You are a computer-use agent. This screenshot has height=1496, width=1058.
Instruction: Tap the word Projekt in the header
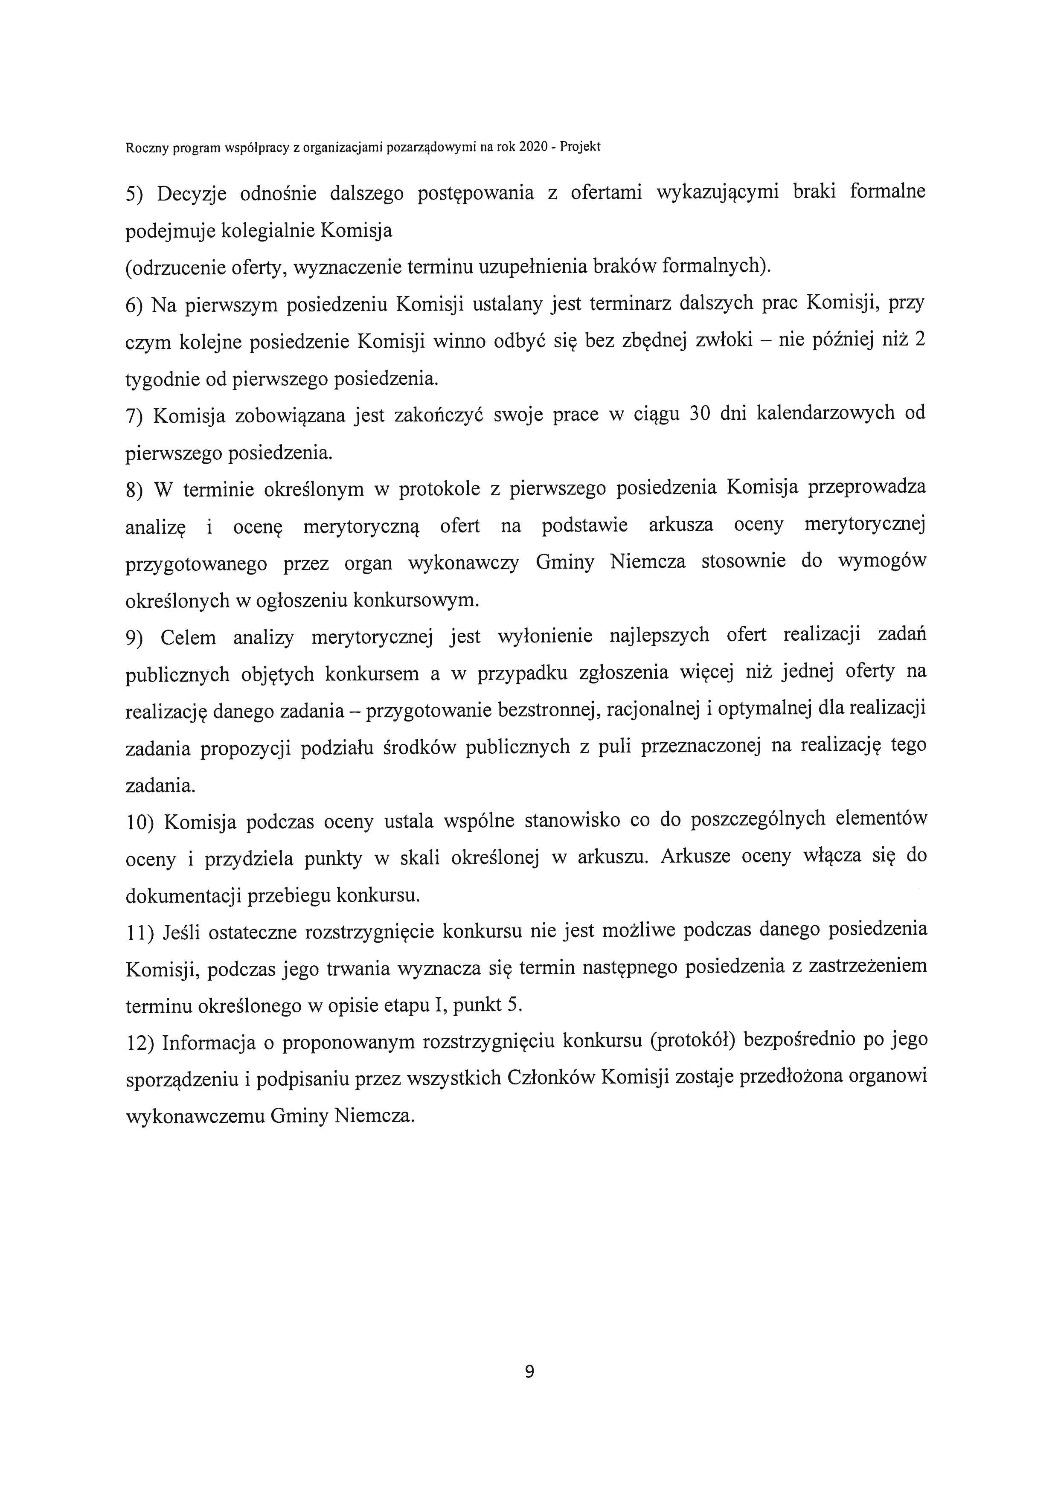coord(580,147)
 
